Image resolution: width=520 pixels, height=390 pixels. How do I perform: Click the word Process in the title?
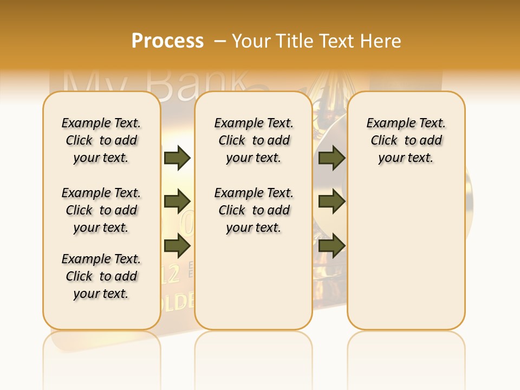tap(167, 41)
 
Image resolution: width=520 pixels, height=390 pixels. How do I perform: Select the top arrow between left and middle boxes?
tap(177, 158)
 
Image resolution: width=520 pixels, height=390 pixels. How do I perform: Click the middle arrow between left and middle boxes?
tap(177, 201)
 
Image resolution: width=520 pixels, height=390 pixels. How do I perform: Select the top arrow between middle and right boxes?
tap(331, 158)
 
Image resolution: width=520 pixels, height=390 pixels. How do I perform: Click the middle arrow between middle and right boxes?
tap(331, 201)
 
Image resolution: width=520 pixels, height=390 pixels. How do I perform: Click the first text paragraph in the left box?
tap(101, 140)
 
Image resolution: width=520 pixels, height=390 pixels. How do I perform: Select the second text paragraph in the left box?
tap(101, 210)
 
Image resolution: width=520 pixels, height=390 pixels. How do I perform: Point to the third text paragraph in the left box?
tap(101, 276)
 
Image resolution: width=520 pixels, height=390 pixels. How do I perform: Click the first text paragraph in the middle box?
tap(253, 140)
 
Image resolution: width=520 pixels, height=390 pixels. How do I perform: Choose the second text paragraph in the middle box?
tap(253, 210)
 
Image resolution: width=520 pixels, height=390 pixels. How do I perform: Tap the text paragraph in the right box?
tap(406, 140)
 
